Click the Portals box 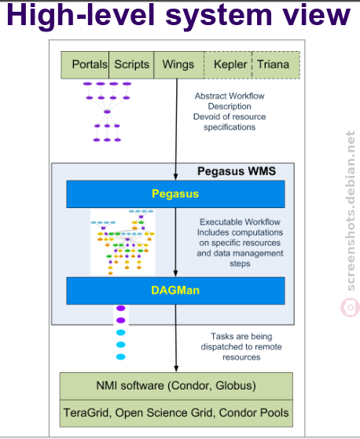pyautogui.click(x=85, y=64)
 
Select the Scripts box pyautogui.click(x=131, y=64)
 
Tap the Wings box pyautogui.click(x=179, y=64)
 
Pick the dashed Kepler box pyautogui.click(x=228, y=64)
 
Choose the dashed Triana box pyautogui.click(x=276, y=64)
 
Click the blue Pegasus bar pyautogui.click(x=175, y=194)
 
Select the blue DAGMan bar pyautogui.click(x=175, y=291)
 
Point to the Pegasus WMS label pyautogui.click(x=237, y=171)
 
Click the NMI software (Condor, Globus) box pyautogui.click(x=176, y=386)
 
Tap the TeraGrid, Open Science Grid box pyautogui.click(x=176, y=413)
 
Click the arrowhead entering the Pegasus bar pyautogui.click(x=175, y=177)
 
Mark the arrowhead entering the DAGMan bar pyautogui.click(x=175, y=273)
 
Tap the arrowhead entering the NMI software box pyautogui.click(x=176, y=369)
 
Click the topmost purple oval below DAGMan pyautogui.click(x=121, y=309)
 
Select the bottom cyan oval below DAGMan pyautogui.click(x=121, y=357)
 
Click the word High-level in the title pyautogui.click(x=81, y=16)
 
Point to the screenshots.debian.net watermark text pyautogui.click(x=351, y=210)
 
